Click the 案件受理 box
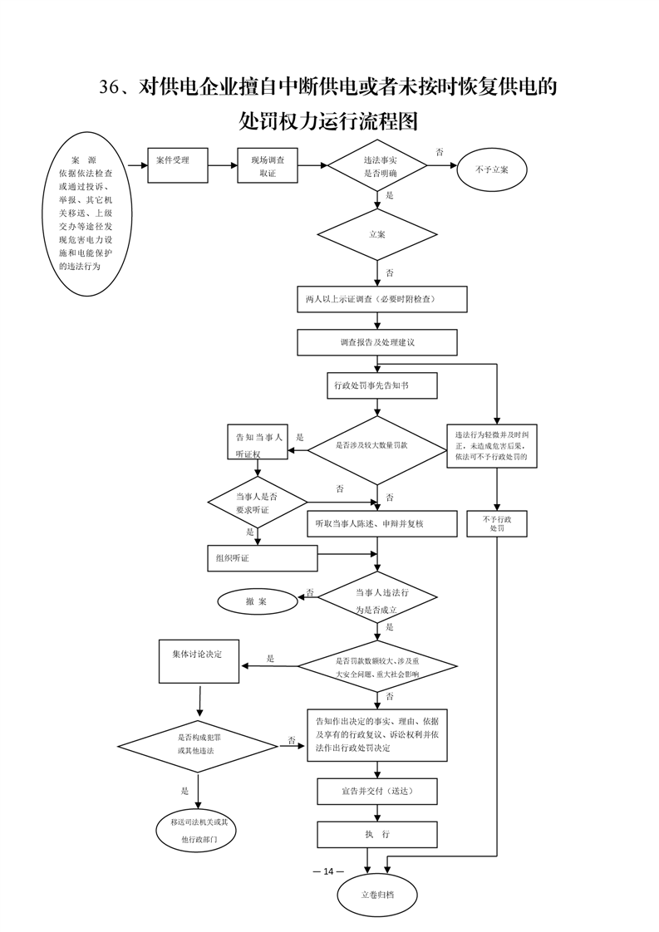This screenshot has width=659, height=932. point(178,165)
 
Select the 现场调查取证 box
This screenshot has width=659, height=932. point(267,165)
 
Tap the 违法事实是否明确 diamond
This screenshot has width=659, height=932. point(377,165)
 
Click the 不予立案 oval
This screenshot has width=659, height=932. point(492,169)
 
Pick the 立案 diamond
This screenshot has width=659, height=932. point(377,234)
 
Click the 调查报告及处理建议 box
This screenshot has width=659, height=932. point(377,342)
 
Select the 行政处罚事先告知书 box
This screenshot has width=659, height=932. point(381,385)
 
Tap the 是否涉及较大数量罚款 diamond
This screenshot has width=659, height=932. point(377,450)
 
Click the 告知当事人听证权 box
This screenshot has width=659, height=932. point(258,442)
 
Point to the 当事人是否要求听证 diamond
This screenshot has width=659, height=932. point(257,503)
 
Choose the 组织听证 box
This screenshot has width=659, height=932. point(263,558)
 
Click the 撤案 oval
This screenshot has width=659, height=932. point(258,601)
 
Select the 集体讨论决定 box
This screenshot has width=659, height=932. point(199,661)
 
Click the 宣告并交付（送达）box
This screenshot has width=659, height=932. point(377,791)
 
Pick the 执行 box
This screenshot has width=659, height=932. point(377,835)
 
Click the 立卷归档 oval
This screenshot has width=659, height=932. point(377,894)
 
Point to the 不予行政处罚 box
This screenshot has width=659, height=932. point(497,523)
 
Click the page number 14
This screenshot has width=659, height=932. point(328,871)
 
